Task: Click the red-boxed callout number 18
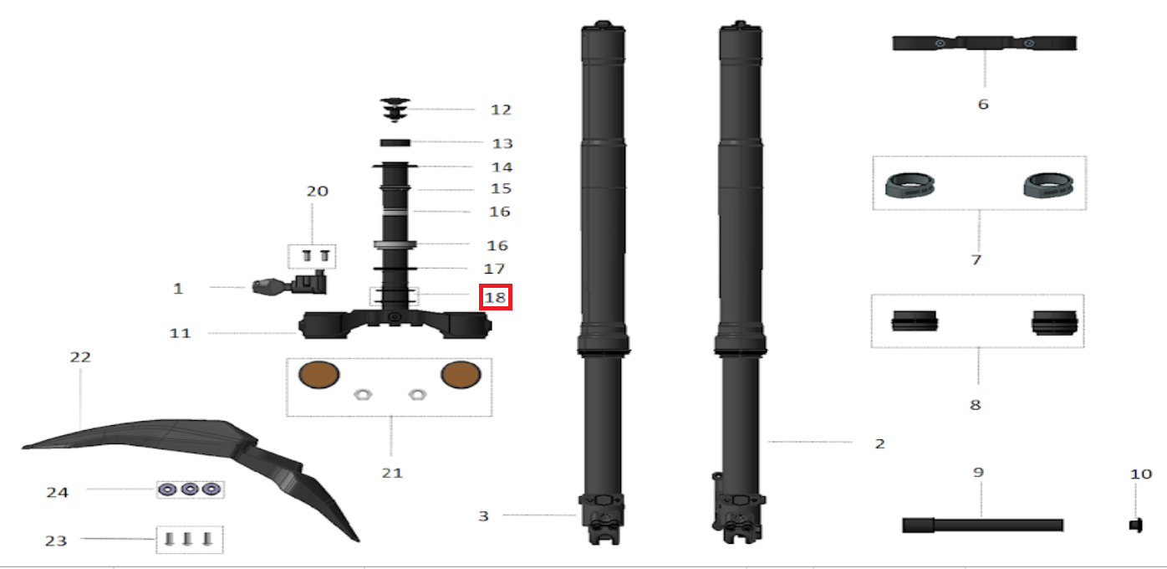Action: (495, 297)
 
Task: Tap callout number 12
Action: (501, 110)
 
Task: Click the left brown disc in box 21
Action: (319, 375)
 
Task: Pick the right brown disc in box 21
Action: (461, 375)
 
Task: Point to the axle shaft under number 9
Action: (982, 525)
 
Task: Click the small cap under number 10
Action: (1136, 525)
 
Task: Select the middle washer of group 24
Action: (190, 490)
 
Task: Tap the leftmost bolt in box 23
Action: (168, 539)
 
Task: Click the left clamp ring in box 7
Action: (910, 185)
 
